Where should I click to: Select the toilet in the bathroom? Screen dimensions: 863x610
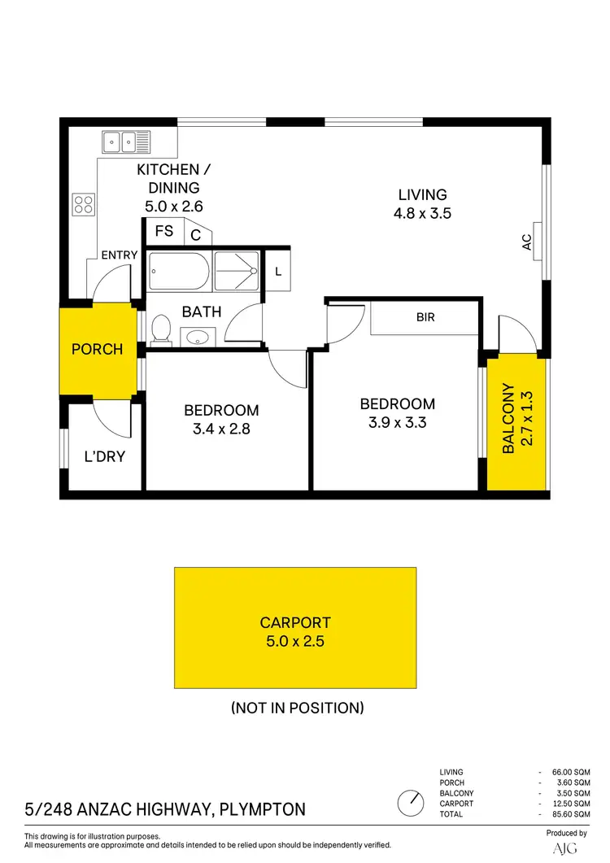tap(160, 329)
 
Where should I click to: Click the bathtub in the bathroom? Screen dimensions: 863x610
tap(179, 271)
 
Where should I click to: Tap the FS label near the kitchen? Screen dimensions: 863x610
tap(164, 231)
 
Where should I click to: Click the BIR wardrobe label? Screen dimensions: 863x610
tap(425, 317)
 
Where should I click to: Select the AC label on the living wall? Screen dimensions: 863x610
tap(526, 242)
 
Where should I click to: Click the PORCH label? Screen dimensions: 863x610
tap(98, 349)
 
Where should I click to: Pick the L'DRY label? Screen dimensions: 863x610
tap(105, 456)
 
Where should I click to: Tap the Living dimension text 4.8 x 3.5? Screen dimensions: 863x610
tap(422, 215)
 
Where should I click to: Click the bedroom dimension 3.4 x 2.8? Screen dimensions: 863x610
tap(221, 430)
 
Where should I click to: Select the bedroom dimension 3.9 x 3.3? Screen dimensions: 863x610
tap(398, 423)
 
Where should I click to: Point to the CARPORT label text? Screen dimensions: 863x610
tap(295, 623)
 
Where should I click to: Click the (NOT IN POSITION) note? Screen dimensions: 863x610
tap(297, 708)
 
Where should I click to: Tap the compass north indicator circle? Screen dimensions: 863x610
tap(411, 804)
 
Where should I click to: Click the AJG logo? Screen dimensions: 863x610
tap(565, 848)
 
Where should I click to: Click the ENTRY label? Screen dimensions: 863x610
tap(119, 255)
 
